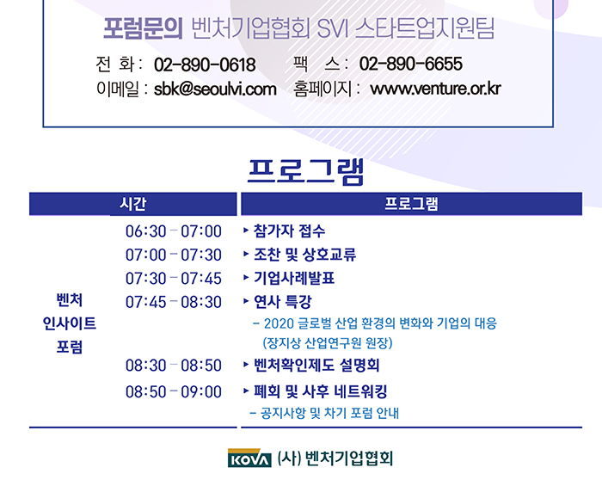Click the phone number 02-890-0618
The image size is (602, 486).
[x=205, y=65]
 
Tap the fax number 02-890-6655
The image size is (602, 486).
[x=411, y=64]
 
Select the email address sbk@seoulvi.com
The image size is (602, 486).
[x=215, y=89]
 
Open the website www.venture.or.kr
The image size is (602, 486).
[x=435, y=89]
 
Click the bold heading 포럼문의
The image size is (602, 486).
[x=143, y=28]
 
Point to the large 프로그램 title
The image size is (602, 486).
[x=305, y=171]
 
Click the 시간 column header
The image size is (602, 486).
[x=132, y=204]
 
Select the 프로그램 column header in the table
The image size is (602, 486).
[x=411, y=204]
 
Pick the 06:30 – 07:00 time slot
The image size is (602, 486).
[x=174, y=231]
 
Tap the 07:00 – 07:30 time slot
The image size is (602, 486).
[x=174, y=255]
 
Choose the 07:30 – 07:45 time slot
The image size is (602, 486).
[x=174, y=279]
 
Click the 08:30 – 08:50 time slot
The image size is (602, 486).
[x=174, y=365]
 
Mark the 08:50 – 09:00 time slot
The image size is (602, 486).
[x=174, y=391]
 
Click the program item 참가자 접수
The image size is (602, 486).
[x=290, y=231]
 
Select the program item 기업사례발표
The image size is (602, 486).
[x=294, y=278]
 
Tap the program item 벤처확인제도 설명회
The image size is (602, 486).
[x=316, y=365]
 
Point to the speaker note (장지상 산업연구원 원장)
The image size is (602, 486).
[x=328, y=342]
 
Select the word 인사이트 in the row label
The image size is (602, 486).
[x=70, y=323]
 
